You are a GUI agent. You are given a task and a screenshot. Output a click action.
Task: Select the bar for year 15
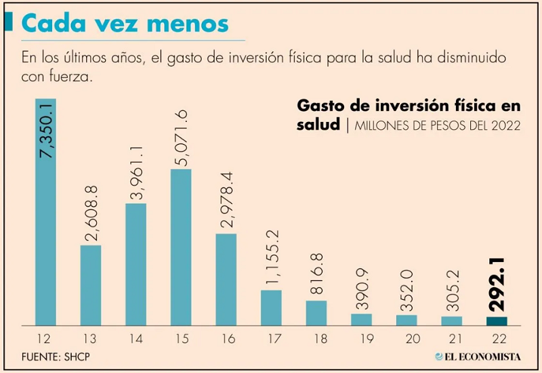click(181, 247)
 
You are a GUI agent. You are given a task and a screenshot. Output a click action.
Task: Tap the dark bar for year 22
click(497, 321)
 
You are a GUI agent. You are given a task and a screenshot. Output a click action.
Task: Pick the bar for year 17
click(271, 308)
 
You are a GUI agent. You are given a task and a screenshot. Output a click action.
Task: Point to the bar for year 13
click(91, 285)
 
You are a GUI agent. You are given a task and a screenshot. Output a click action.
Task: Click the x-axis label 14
click(136, 336)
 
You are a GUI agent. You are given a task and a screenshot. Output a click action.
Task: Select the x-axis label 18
click(316, 336)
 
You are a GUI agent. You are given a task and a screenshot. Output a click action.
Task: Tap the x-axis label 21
click(452, 336)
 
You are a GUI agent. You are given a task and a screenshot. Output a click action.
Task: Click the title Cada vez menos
click(125, 24)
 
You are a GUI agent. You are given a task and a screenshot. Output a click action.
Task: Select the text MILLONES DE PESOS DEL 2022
click(437, 125)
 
